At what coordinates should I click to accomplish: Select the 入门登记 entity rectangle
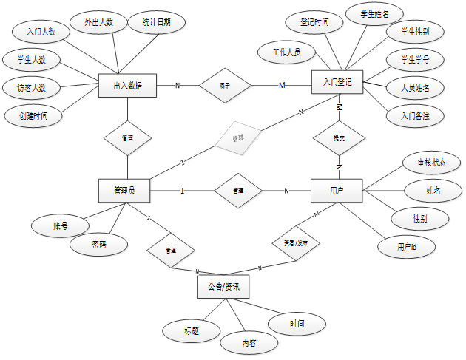click(337, 84)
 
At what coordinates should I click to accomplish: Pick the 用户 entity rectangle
click(337, 191)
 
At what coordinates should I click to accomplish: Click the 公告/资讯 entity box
click(223, 287)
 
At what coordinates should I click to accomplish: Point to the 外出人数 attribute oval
click(99, 22)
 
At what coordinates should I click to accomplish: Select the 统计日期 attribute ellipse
click(156, 22)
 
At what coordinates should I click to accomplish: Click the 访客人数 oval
click(32, 87)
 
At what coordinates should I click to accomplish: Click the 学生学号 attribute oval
click(415, 59)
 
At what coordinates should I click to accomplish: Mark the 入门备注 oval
click(415, 115)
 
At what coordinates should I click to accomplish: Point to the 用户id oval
click(404, 246)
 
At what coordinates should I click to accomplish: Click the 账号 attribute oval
click(61, 225)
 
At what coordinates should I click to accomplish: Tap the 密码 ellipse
click(98, 244)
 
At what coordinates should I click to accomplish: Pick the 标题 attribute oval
click(192, 330)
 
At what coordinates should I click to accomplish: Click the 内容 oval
click(249, 342)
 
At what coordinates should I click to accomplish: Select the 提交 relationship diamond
click(338, 138)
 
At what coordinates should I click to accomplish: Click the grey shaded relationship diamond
click(237, 137)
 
